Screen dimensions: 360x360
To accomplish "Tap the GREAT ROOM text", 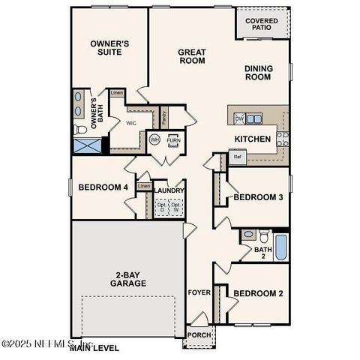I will point(192,56).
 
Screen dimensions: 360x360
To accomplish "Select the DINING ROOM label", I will point(259,72).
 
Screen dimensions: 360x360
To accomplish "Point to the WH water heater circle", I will point(155,139).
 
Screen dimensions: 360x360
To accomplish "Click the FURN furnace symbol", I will point(173,140).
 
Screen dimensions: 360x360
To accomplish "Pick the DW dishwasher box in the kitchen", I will point(239,118).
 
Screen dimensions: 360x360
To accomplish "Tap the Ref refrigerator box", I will point(238,157).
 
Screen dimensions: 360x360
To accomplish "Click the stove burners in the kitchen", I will point(282,138).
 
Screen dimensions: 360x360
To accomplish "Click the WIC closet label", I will point(130,122).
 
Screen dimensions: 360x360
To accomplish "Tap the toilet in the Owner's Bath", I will point(81,130).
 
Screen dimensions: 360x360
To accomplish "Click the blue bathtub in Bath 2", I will point(280,247).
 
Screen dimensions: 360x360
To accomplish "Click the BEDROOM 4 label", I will point(102,187).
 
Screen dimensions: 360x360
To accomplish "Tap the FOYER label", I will point(199,293).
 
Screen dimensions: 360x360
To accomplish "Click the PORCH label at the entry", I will point(198,334).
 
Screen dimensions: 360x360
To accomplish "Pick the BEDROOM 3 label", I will point(258,197).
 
